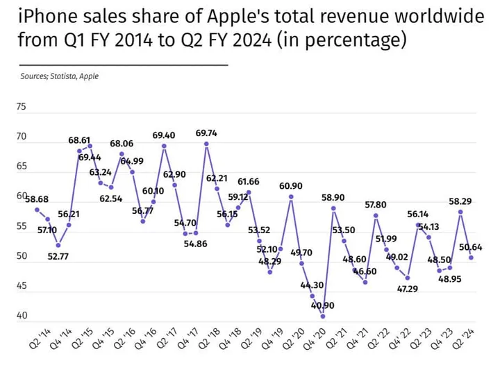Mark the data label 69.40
coord(164,135)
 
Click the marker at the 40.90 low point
coord(323,317)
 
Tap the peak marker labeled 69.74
coord(206,144)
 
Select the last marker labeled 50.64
coord(472,258)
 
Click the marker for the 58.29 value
coord(460,212)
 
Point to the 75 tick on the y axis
coord(21,107)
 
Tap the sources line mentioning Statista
coord(59,76)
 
